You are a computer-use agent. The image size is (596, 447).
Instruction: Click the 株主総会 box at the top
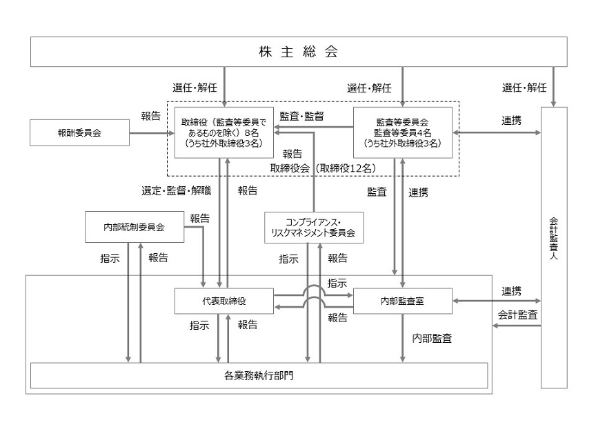pyautogui.click(x=298, y=52)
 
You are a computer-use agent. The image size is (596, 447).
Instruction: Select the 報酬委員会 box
pyautogui.click(x=79, y=132)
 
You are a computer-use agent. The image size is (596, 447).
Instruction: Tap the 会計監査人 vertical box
pyautogui.click(x=554, y=247)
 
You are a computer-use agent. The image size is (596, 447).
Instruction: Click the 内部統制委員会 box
pyautogui.click(x=135, y=227)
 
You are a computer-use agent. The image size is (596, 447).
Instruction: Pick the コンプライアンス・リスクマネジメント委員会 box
pyautogui.click(x=313, y=227)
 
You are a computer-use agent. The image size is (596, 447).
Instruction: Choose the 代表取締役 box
pyautogui.click(x=224, y=301)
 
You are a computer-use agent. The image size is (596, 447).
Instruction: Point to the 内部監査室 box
pyautogui.click(x=402, y=301)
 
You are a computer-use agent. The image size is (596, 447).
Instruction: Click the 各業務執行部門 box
pyautogui.click(x=259, y=375)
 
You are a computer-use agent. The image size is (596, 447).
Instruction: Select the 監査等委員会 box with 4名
pyautogui.click(x=402, y=132)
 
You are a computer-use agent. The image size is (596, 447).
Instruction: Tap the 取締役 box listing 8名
pyautogui.click(x=224, y=132)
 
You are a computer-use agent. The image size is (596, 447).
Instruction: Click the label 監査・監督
pyautogui.click(x=302, y=117)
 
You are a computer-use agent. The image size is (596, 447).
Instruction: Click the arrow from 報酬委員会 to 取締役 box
pyautogui.click(x=151, y=132)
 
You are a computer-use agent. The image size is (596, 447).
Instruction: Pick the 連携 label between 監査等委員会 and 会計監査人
pyautogui.click(x=511, y=120)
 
